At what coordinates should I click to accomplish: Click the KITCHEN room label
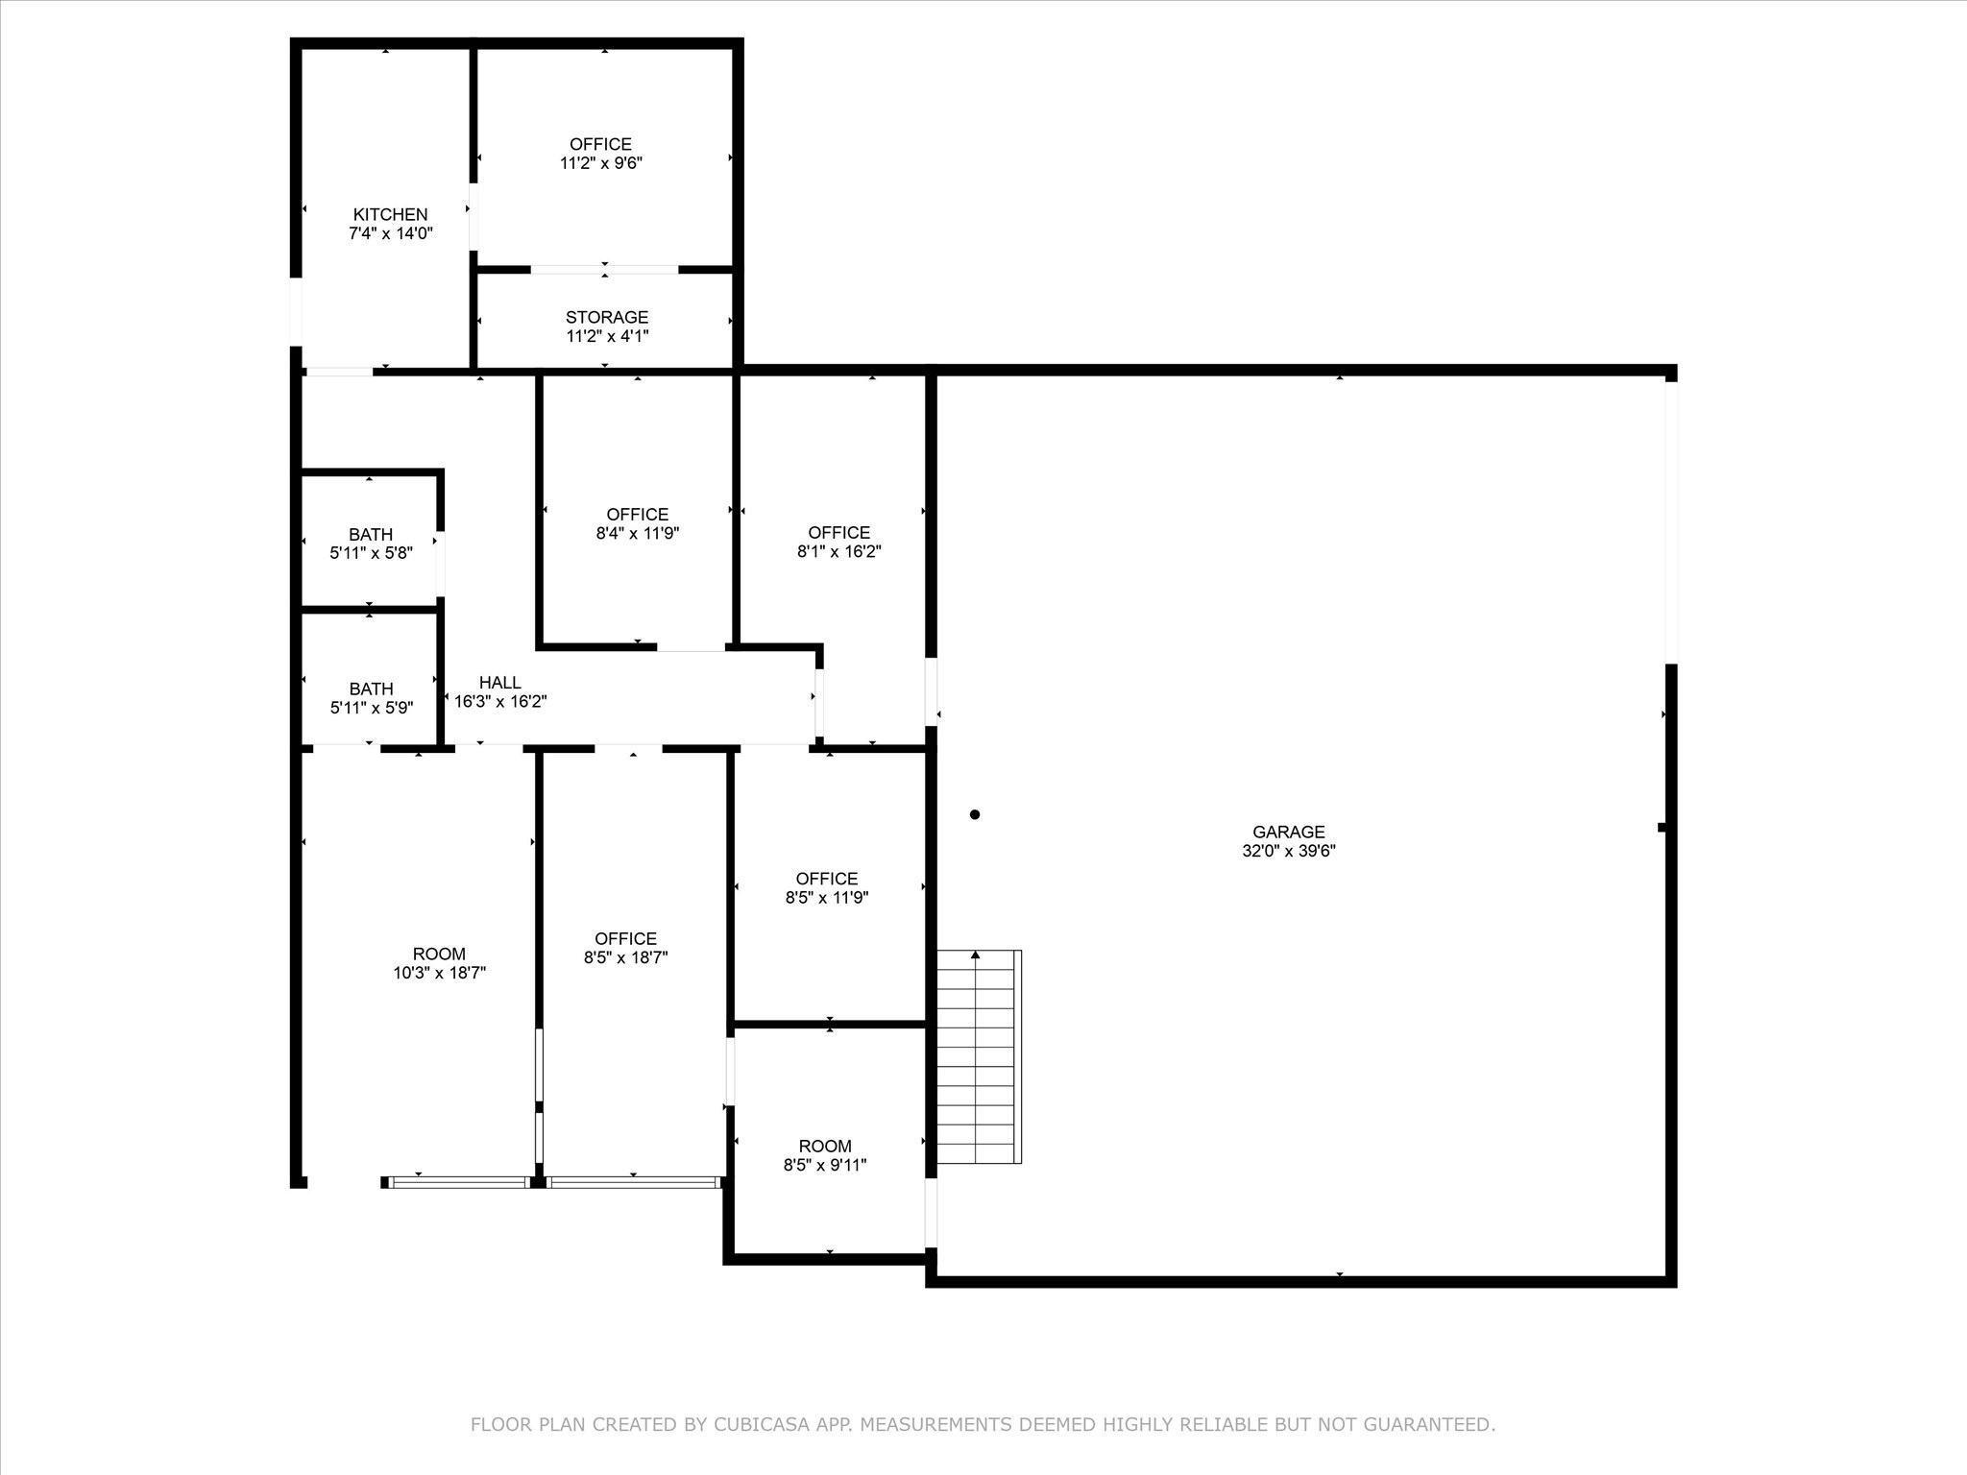tap(390, 214)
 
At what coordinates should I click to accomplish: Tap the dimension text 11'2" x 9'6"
tap(600, 163)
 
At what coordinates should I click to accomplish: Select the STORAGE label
tap(606, 317)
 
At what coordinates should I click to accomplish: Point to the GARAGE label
tap(1288, 832)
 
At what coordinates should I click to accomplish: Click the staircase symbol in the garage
tap(978, 1056)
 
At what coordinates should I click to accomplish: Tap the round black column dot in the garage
tap(975, 814)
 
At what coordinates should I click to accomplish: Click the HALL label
tap(499, 683)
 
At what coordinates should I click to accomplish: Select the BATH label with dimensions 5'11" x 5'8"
tap(371, 534)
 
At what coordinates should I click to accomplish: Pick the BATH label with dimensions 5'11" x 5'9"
tap(371, 689)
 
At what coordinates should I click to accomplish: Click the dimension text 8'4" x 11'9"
tap(637, 533)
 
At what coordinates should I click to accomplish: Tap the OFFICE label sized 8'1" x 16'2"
tap(838, 532)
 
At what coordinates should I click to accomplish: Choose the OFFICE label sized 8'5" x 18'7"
tap(625, 938)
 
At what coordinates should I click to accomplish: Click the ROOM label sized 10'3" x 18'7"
tap(439, 954)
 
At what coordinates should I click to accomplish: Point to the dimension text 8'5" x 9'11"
tap(825, 1165)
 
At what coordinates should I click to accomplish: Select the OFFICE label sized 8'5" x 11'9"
tap(826, 879)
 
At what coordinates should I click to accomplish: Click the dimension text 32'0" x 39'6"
tap(1288, 851)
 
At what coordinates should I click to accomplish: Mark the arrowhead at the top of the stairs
tap(976, 955)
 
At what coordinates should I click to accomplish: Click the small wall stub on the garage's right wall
tap(1663, 827)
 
